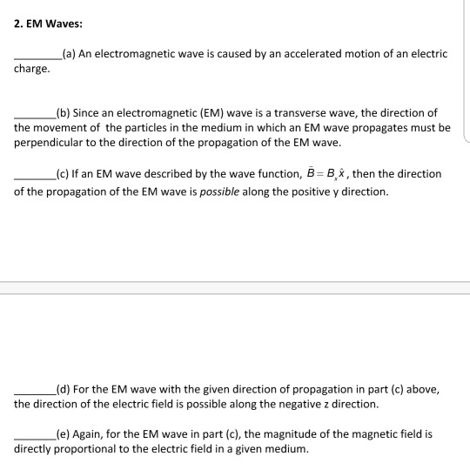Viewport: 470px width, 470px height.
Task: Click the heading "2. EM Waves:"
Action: pos(47,23)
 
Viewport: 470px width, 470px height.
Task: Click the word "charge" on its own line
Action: pos(31,68)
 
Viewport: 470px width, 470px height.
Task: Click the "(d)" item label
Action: pos(62,389)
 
